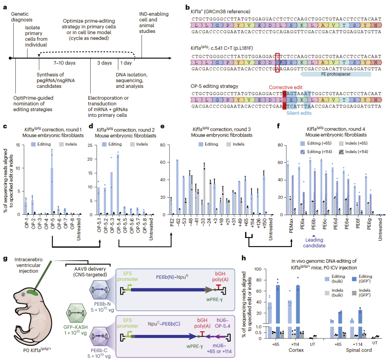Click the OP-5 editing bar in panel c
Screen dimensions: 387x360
tap(52, 191)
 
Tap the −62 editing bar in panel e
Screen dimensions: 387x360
tap(177, 187)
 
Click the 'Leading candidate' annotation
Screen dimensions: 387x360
tap(314, 243)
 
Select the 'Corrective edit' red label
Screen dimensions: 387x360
tap(286, 87)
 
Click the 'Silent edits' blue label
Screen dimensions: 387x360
tap(299, 113)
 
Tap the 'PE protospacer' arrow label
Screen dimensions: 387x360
tap(335, 74)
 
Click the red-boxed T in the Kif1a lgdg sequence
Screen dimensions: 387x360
tap(277, 57)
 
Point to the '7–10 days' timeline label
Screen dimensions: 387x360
tap(64, 63)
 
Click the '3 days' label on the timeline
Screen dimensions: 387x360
tap(104, 63)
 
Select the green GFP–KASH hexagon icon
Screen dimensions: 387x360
tap(76, 313)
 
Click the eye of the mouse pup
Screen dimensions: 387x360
tap(23, 295)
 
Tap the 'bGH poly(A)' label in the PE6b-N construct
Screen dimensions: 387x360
tap(220, 276)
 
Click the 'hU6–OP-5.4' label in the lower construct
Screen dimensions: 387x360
tap(223, 323)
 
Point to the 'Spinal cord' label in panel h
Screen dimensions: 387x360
tap(359, 350)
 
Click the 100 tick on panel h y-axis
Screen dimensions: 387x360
tap(258, 269)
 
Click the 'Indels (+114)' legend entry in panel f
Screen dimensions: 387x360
tap(353, 152)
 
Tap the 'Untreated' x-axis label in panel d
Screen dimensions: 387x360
tap(151, 229)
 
